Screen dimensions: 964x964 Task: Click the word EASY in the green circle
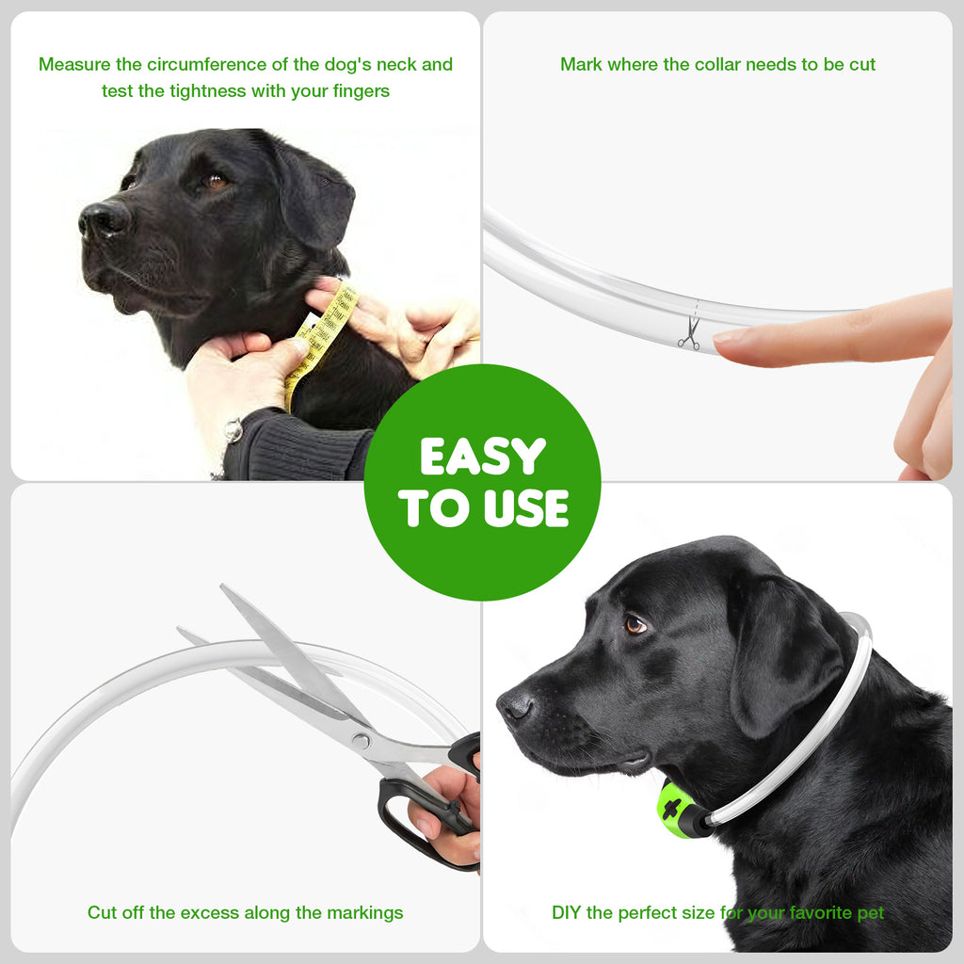tap(482, 457)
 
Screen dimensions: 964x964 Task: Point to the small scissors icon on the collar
tap(689, 333)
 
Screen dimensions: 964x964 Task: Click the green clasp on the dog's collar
tap(675, 810)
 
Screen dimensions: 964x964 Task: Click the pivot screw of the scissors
tap(361, 741)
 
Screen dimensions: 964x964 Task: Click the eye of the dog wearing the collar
tap(636, 624)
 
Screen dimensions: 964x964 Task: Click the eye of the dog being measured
tap(216, 180)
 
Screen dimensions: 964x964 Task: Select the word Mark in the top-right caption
tap(581, 65)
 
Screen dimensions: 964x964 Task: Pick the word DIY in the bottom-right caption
tap(567, 912)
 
